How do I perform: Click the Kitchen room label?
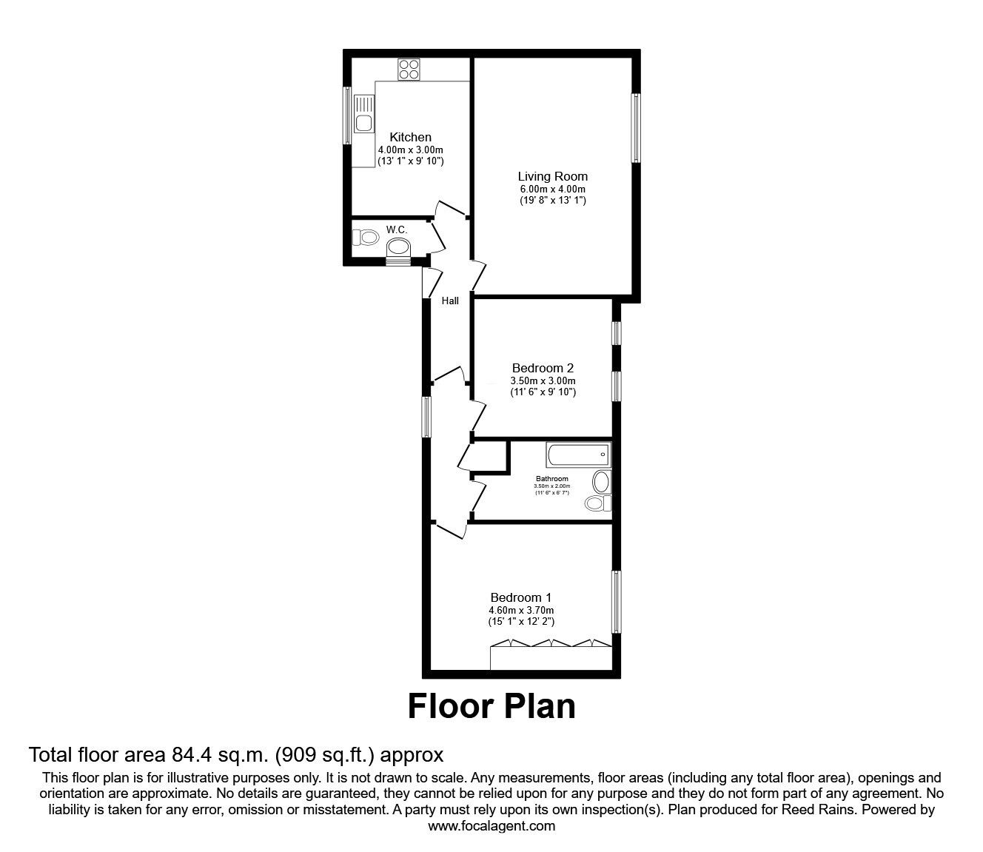410,137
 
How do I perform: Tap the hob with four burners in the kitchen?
409,70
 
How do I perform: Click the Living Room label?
552,176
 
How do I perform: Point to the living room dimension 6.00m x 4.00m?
552,189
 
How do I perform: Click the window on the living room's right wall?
635,127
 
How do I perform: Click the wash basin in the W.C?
397,247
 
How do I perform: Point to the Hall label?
450,301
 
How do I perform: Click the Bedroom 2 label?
543,368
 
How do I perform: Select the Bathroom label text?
552,479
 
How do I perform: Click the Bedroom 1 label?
521,597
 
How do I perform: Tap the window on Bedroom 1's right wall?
615,602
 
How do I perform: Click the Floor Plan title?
491,706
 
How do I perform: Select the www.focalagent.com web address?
491,826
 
